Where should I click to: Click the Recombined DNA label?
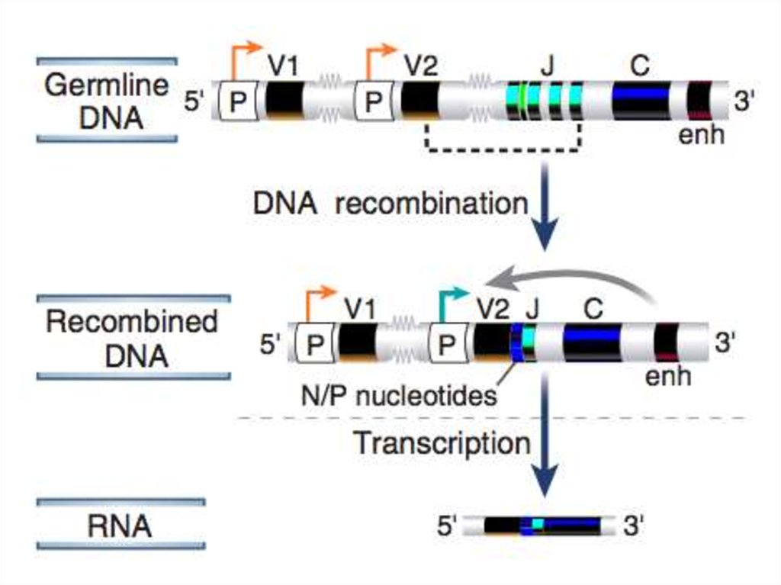tap(132, 337)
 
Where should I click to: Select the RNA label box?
tap(121, 525)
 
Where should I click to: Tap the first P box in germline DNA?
tap(238, 102)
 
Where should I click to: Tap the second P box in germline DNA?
tap(374, 102)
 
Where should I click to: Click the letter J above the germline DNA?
tap(546, 66)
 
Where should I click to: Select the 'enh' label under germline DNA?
tap(701, 137)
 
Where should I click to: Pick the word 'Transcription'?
tap(442, 443)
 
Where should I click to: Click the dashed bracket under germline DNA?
tap(503, 148)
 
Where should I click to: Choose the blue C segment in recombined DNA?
tap(592, 342)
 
